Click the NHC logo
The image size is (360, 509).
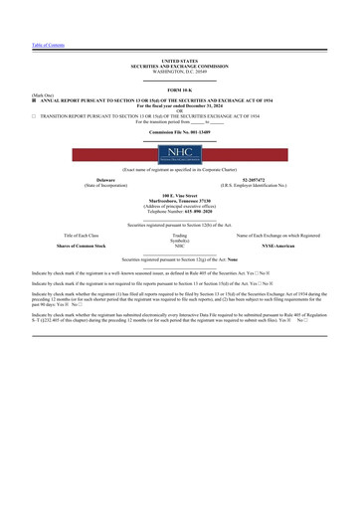tap(180, 154)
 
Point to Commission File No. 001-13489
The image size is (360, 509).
tap(180, 130)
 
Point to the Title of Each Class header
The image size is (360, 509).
tap(82, 235)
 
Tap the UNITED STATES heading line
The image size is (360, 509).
tap(180, 61)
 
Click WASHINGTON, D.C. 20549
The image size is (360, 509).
tap(180, 72)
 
